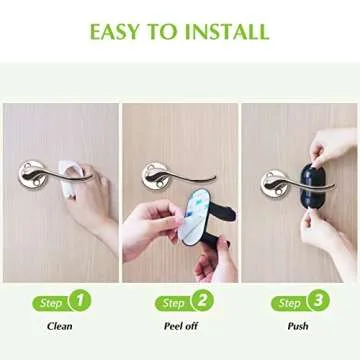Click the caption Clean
59,326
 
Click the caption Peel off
180,326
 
